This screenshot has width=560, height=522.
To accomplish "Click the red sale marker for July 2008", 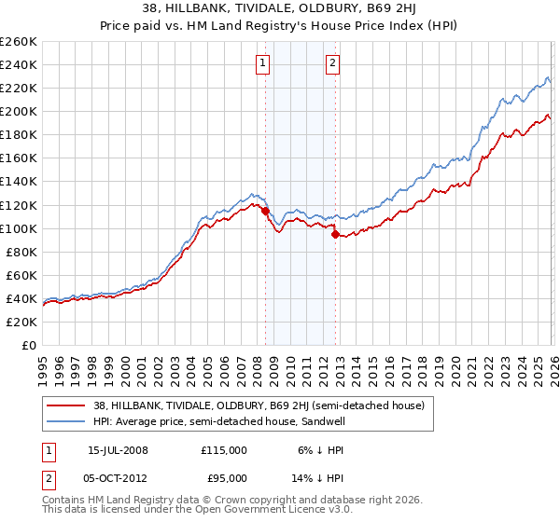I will click(x=265, y=211).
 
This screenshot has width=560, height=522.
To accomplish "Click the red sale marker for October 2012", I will click(x=335, y=234).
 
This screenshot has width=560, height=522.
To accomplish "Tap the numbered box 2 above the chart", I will click(x=332, y=63).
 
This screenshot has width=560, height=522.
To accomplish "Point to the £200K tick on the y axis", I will click(x=18, y=111).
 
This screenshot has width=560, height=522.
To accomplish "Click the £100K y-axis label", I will click(x=18, y=228).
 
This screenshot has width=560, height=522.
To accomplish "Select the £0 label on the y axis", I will click(x=28, y=345).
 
